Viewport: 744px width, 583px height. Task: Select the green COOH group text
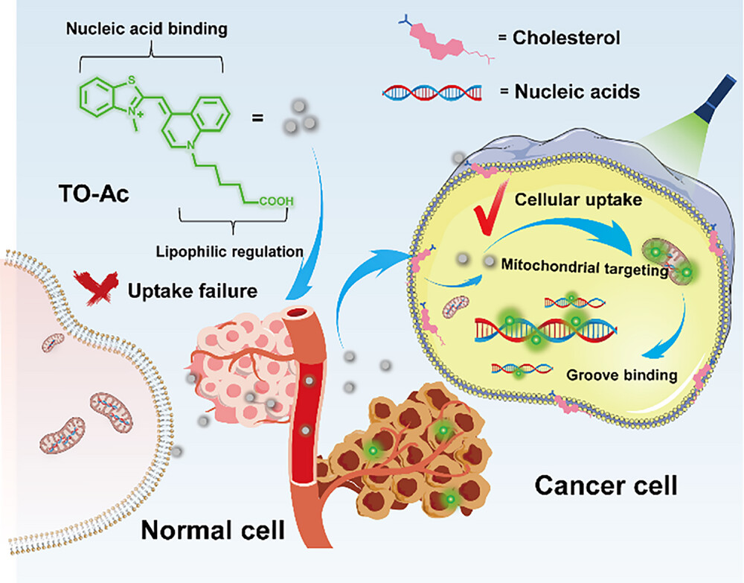277,200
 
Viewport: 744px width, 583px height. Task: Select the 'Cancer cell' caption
606,485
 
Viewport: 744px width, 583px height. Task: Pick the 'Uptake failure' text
184,288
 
